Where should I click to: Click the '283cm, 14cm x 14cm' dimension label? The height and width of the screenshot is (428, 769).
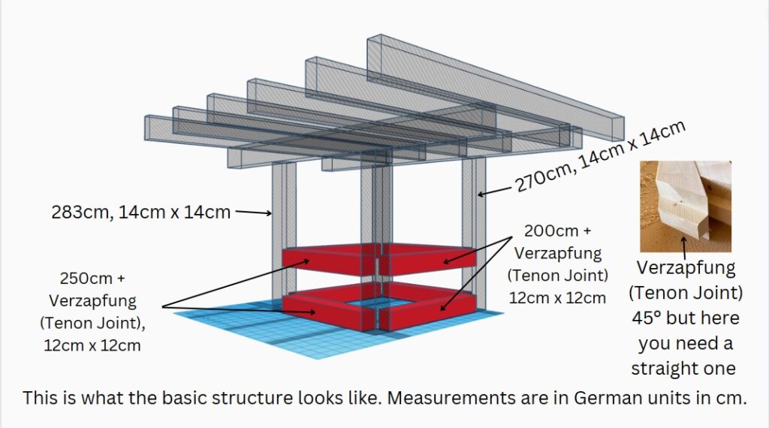140,212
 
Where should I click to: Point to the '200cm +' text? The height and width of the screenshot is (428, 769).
557,229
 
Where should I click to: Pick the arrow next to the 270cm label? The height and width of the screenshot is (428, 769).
493,192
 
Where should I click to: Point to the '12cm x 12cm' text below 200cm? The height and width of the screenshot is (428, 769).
557,297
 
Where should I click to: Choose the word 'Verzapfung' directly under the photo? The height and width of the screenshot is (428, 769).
686,267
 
